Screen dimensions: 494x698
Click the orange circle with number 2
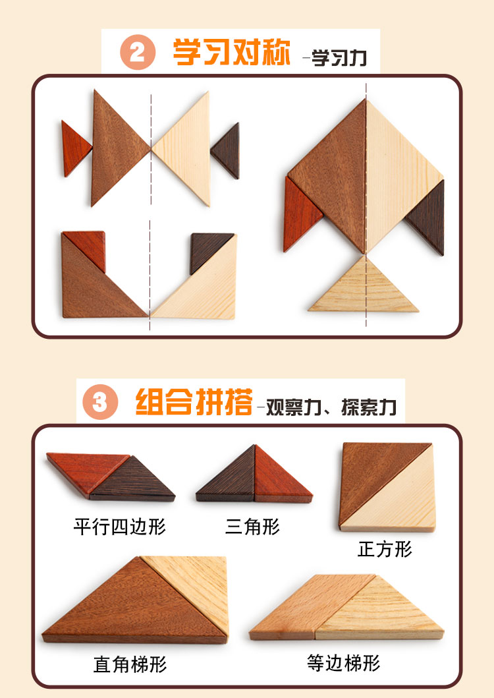click(x=138, y=52)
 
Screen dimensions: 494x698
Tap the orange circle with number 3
click(x=100, y=402)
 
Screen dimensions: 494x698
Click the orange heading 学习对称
click(x=232, y=53)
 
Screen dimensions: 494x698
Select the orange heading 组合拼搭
click(x=194, y=401)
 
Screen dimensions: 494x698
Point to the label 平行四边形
click(x=120, y=527)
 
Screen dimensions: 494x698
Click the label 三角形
click(x=252, y=527)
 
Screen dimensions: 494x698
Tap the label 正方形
click(x=385, y=549)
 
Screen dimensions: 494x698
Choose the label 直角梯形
click(x=130, y=664)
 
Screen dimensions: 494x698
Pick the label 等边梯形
click(x=344, y=663)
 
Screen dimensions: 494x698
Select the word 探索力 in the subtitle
click(x=368, y=407)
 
